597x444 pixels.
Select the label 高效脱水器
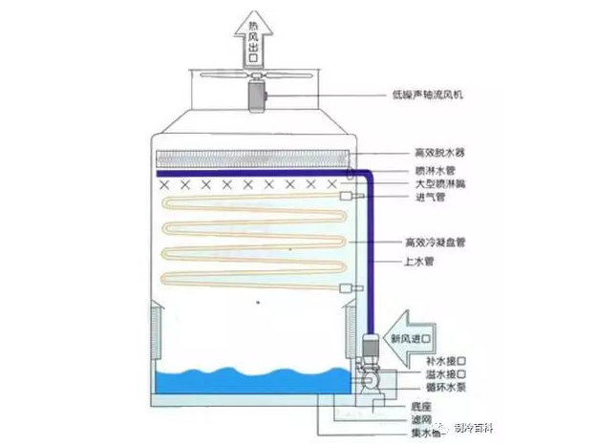(x=436, y=152)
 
